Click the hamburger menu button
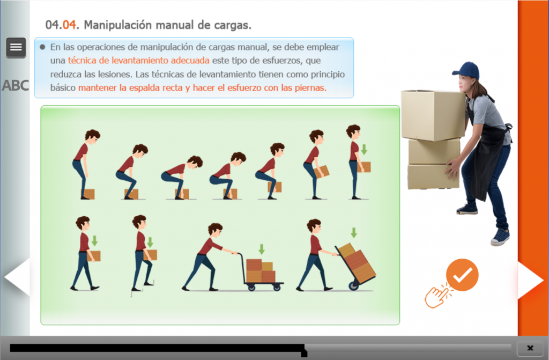click(16, 47)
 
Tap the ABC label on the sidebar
click(15, 85)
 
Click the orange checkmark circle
click(462, 275)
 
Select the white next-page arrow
click(531, 280)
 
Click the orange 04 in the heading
click(69, 25)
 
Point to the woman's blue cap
click(466, 70)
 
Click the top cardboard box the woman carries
click(433, 115)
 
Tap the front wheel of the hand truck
click(353, 285)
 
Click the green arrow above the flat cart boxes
click(262, 249)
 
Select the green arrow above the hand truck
click(354, 233)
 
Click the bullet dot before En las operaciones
click(42, 47)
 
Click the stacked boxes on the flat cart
click(261, 270)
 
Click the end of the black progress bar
click(305, 349)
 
